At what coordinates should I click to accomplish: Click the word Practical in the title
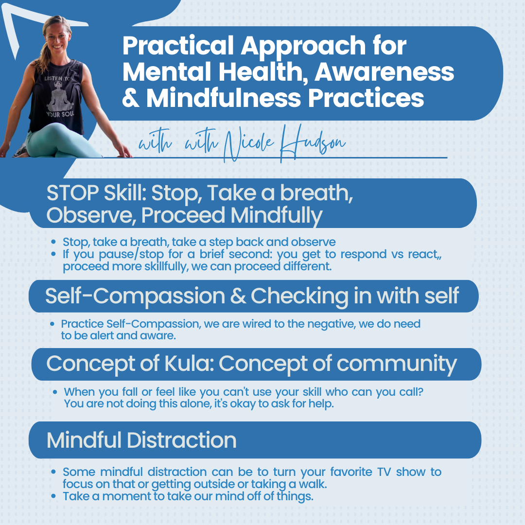tap(178, 46)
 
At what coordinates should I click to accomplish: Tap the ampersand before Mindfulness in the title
tap(131, 98)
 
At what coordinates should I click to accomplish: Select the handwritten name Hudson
tap(312, 143)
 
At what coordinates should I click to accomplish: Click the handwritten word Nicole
tap(248, 144)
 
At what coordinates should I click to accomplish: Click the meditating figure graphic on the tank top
tap(60, 97)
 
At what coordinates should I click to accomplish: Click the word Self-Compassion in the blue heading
tap(135, 297)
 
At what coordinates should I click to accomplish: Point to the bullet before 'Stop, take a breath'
tap(53, 242)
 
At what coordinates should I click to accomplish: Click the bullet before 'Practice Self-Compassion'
tap(52, 324)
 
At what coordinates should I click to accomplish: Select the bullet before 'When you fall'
tap(55, 392)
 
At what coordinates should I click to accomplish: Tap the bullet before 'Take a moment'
tap(53, 496)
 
